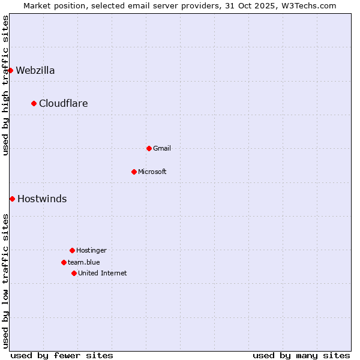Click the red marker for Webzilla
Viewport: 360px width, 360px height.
pos(10,70)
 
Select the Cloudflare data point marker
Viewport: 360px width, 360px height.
pos(34,103)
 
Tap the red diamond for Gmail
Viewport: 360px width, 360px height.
pos(149,148)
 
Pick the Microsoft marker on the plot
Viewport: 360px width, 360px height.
pos(134,172)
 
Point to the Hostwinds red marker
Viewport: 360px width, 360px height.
pos(12,199)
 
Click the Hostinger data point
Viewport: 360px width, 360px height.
pos(72,250)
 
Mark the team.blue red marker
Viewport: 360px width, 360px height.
pos(64,262)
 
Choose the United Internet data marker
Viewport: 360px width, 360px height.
pos(74,273)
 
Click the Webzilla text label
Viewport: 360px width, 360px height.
pos(35,70)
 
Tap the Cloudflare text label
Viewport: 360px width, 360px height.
pos(64,103)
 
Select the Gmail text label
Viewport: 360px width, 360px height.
pos(162,148)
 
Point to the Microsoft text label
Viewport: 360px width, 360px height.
pos(152,172)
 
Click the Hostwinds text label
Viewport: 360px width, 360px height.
pos(42,199)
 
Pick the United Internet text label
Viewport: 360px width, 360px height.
pos(103,273)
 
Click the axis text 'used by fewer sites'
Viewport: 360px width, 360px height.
pos(62,355)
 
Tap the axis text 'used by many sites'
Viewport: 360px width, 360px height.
pos(301,355)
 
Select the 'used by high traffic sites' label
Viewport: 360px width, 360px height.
pos(5,85)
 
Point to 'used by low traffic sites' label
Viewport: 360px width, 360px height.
pos(5,281)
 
